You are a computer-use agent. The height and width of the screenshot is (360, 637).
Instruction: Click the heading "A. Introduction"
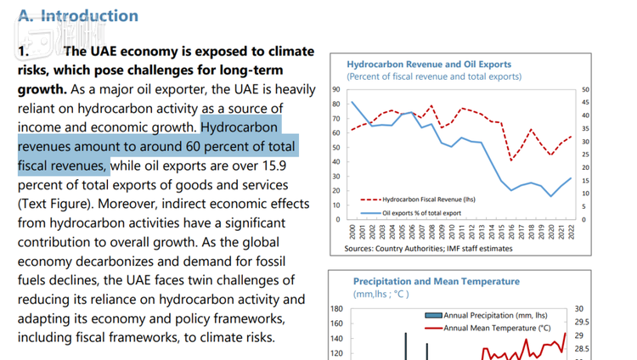77,16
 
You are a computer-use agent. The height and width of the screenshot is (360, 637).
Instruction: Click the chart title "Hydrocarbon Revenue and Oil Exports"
429,64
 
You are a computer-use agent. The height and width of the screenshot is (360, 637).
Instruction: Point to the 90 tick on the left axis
337,88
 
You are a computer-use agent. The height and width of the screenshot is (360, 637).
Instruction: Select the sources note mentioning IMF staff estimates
429,249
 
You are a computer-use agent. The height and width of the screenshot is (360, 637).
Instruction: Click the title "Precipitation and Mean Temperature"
437,281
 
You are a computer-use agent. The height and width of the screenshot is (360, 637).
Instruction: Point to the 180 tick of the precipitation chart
336,309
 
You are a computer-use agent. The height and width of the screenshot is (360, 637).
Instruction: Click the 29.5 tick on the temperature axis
584,322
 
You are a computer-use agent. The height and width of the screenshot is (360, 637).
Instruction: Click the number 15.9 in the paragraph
297,166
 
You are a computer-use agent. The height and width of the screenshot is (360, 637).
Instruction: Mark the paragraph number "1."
25,51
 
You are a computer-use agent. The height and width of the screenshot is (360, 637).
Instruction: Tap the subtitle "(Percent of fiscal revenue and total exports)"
434,76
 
